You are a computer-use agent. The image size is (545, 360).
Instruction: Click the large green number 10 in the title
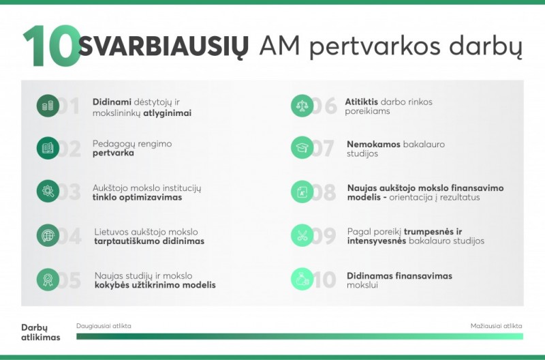click(x=52, y=46)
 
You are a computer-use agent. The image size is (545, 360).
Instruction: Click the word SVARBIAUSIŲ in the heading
click(x=163, y=46)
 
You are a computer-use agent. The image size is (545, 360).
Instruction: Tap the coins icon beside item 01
click(x=48, y=106)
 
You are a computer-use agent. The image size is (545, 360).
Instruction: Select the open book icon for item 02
click(x=48, y=148)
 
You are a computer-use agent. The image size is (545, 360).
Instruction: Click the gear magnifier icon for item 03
click(x=48, y=191)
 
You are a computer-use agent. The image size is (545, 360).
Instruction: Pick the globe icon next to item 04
click(x=48, y=235)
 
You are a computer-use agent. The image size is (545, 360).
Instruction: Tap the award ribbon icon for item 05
click(x=48, y=280)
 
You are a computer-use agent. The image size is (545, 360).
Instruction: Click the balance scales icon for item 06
click(x=302, y=106)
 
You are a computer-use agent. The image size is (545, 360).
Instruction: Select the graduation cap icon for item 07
click(x=302, y=147)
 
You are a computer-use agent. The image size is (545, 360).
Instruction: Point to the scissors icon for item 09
click(x=302, y=235)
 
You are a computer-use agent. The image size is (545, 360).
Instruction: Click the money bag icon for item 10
click(x=302, y=279)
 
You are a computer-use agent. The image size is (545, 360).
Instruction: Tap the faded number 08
click(x=324, y=192)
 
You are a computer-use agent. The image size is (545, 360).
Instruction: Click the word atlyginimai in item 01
click(x=167, y=113)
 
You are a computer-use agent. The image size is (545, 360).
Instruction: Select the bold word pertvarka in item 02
click(x=113, y=153)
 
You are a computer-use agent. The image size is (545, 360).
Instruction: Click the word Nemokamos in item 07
click(x=373, y=144)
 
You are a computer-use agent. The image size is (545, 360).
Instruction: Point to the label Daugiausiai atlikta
click(x=104, y=326)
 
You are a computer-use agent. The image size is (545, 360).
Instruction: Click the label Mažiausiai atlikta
click(x=497, y=326)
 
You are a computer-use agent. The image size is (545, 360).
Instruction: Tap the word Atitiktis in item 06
click(x=362, y=102)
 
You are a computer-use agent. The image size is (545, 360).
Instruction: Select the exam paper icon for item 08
click(x=302, y=192)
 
